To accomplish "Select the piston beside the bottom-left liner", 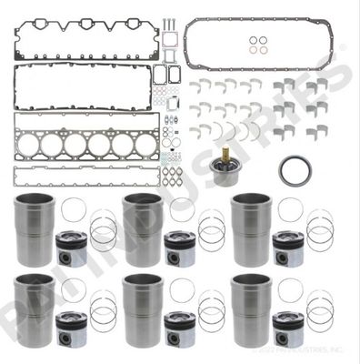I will [x=72, y=328].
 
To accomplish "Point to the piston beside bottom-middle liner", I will [x=178, y=328].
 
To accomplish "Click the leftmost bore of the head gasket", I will [x=30, y=145].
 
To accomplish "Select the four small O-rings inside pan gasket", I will [x=258, y=45].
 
